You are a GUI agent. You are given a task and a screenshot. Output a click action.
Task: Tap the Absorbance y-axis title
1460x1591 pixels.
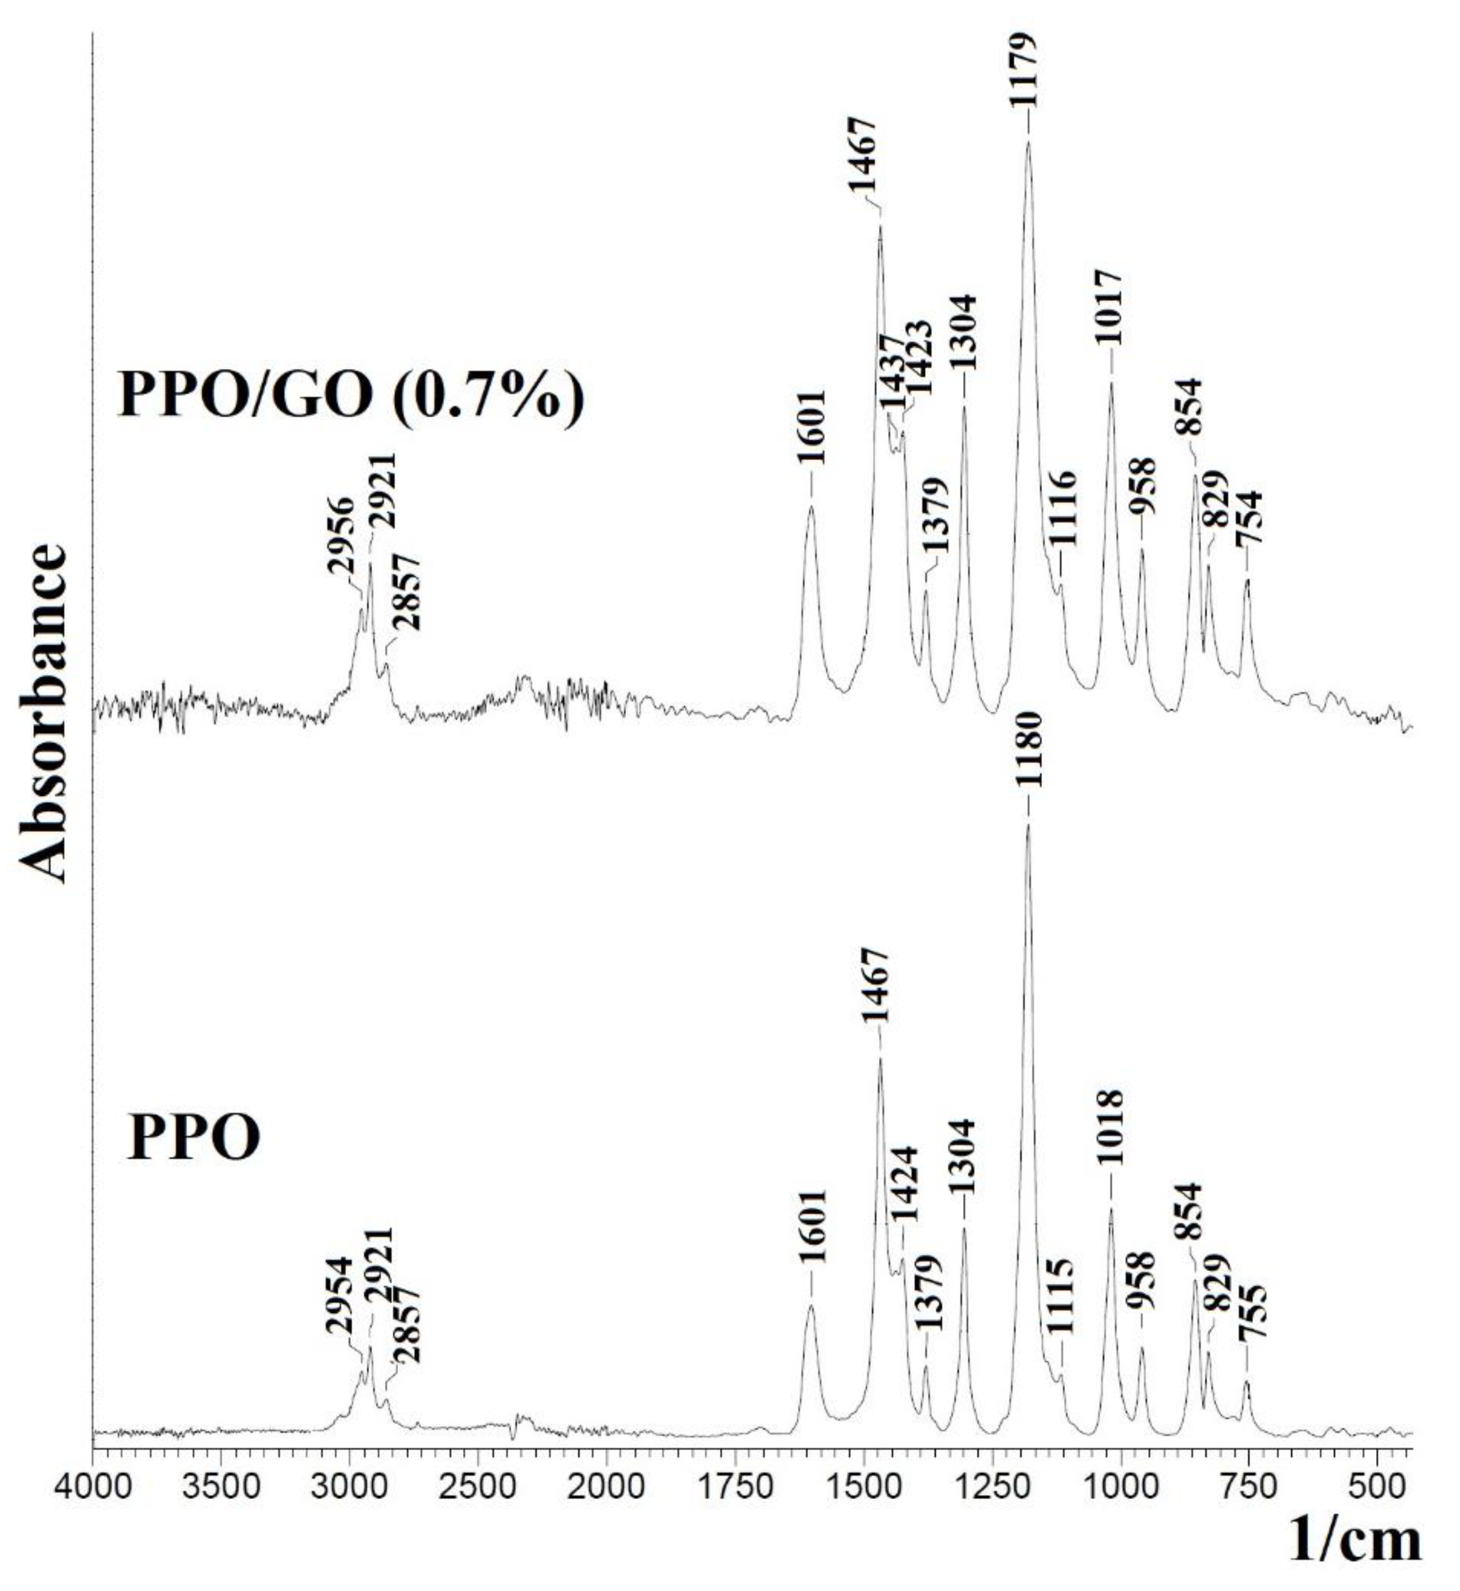pyautogui.click(x=42, y=712)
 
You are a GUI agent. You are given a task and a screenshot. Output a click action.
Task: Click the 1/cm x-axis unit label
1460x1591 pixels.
pyautogui.click(x=1355, y=1550)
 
